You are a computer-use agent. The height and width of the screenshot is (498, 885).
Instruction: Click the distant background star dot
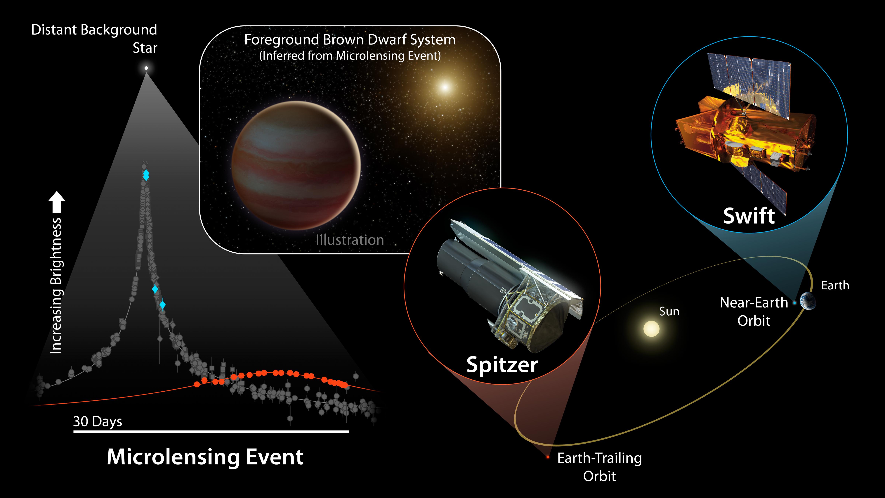pyautogui.click(x=146, y=68)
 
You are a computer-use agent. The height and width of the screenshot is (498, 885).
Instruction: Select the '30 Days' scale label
pyautogui.click(x=98, y=421)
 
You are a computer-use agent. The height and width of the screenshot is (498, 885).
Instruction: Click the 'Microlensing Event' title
pyautogui.click(x=205, y=457)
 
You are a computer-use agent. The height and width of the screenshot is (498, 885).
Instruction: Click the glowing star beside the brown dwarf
pyautogui.click(x=445, y=87)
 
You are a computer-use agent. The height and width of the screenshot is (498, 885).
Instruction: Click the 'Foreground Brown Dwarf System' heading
pyautogui.click(x=350, y=40)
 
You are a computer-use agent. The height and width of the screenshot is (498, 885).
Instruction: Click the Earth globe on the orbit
pyautogui.click(x=807, y=301)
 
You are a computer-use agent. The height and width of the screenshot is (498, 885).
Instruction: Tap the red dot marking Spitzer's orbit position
pyautogui.click(x=548, y=457)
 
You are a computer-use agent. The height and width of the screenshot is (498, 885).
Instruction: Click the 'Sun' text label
pyautogui.click(x=669, y=311)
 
